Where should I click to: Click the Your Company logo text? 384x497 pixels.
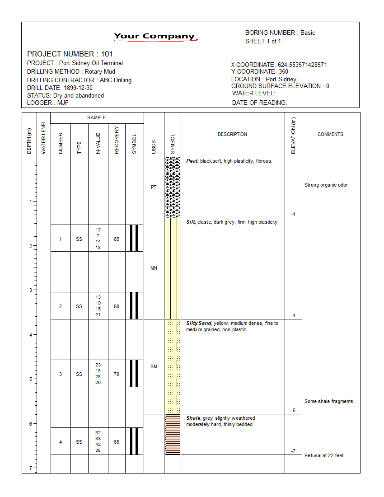(154, 36)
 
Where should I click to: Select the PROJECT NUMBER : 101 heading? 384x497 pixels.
(70, 54)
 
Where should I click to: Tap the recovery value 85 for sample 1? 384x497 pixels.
(117, 239)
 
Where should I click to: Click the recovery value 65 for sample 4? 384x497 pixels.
(117, 442)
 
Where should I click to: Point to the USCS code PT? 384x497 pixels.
(154, 187)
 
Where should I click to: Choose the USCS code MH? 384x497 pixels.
(154, 268)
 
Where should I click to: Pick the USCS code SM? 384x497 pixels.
(154, 366)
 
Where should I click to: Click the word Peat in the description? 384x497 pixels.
(192, 161)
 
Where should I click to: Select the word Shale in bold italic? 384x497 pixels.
(193, 418)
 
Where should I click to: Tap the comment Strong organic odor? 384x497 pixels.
(326, 185)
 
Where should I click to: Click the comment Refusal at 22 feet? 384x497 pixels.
(324, 455)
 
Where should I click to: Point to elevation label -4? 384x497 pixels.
(293, 315)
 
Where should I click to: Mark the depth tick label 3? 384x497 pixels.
(31, 290)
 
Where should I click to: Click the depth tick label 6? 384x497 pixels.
(31, 424)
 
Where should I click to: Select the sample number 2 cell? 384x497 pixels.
(61, 306)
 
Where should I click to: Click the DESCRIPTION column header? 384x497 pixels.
(232, 134)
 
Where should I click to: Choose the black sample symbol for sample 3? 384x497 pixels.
(134, 373)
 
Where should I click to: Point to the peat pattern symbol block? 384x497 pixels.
(173, 187)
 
